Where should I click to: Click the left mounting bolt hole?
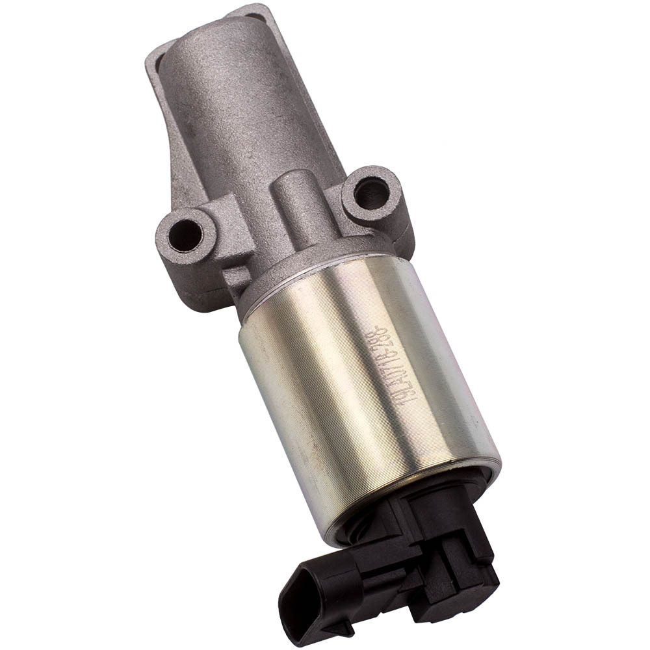(187, 234)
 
